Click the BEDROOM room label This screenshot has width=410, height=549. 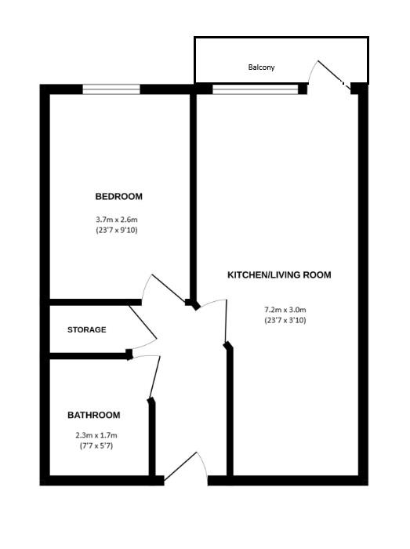[118, 196]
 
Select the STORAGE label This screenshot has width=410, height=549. [86, 329]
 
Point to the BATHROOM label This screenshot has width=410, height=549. [93, 415]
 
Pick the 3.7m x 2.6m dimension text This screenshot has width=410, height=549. [118, 220]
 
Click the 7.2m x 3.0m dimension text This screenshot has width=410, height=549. [285, 308]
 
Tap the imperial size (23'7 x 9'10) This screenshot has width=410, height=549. [118, 231]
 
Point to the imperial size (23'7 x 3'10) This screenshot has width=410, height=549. [285, 320]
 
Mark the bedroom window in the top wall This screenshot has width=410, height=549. [111, 89]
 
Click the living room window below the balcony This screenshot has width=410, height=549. [256, 89]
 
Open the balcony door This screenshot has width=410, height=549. [329, 75]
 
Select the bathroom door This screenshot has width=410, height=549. [155, 377]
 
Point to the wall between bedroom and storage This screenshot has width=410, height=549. [94, 302]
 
